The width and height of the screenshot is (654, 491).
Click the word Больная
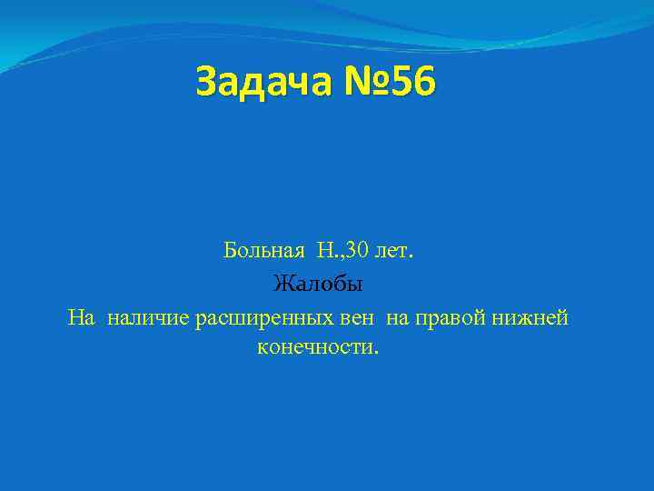(x=267, y=250)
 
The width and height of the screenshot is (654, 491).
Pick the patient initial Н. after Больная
(x=327, y=250)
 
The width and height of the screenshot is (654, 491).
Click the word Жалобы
(x=318, y=284)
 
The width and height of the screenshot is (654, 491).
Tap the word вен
(x=361, y=317)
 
